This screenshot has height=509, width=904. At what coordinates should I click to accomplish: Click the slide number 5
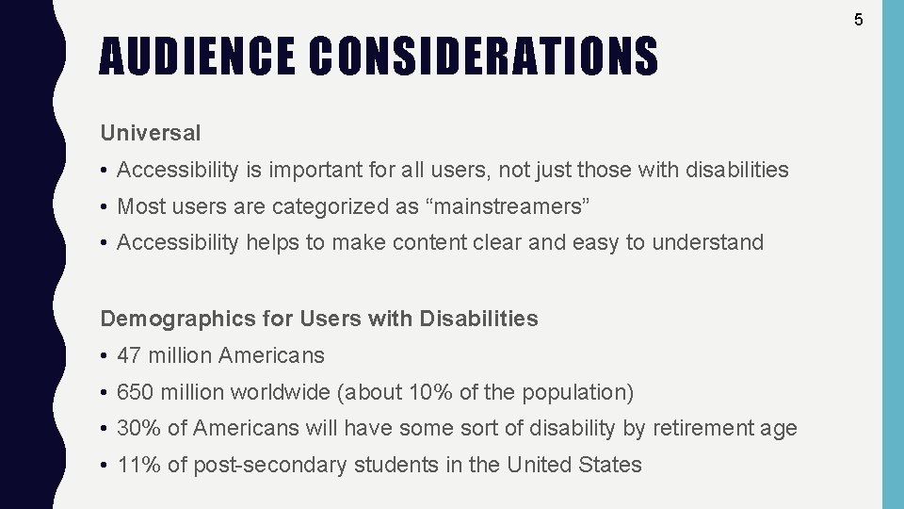pyautogui.click(x=859, y=19)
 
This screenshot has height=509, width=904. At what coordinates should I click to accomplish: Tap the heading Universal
pyautogui.click(x=151, y=134)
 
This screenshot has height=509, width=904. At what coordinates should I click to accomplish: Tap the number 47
pyautogui.click(x=128, y=356)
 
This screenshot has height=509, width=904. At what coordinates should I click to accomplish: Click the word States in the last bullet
pyautogui.click(x=611, y=466)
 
